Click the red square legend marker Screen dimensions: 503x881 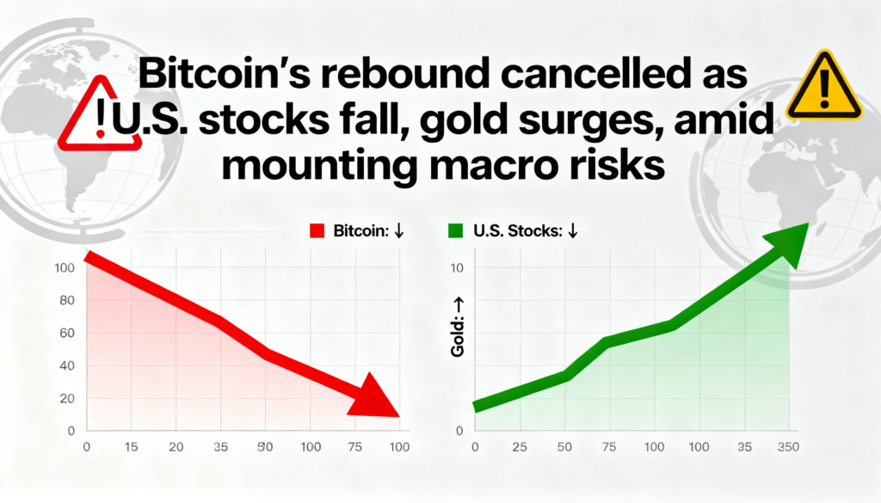point(315,230)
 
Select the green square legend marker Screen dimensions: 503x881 point(456,230)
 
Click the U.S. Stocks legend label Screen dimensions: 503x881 point(512,230)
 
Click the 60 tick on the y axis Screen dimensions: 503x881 point(69,333)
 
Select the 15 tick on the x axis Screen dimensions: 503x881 point(132,448)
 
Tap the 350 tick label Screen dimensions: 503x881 point(787,448)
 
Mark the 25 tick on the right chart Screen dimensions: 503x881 point(519,448)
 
